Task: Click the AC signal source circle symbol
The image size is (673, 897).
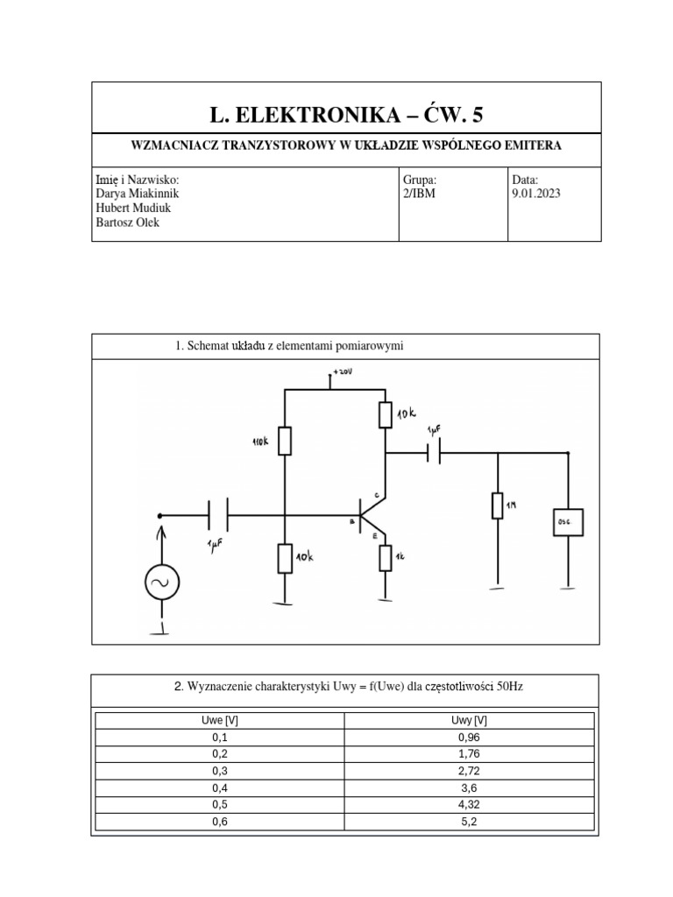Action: [x=161, y=582]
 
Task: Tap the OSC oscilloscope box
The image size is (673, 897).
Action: [x=567, y=522]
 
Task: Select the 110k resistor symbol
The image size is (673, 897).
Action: [x=285, y=441]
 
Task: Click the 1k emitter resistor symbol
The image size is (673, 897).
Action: [x=385, y=557]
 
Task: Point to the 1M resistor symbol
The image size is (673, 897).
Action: [x=497, y=505]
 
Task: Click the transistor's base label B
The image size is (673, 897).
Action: [x=351, y=522]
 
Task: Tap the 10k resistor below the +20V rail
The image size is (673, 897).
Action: [x=385, y=413]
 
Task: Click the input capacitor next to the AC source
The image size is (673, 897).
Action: [x=217, y=515]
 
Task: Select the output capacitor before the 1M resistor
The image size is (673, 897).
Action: [x=433, y=453]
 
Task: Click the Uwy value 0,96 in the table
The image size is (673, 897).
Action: [x=468, y=738]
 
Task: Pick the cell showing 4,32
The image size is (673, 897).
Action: [x=468, y=804]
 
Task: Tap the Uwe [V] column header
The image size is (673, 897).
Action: [x=219, y=721]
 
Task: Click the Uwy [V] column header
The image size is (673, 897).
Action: [x=468, y=721]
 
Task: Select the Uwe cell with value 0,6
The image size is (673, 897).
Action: [x=219, y=821]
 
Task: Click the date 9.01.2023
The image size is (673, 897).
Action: [x=535, y=194]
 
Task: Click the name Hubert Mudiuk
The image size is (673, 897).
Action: [x=134, y=208]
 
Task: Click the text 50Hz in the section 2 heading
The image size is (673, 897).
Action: [x=509, y=687]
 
